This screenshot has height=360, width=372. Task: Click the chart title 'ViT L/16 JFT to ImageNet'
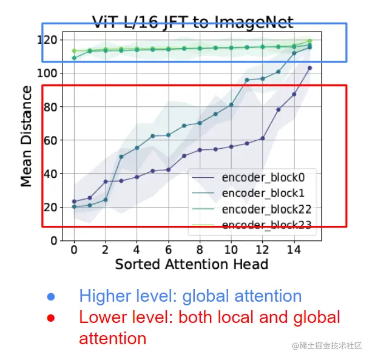click(192, 23)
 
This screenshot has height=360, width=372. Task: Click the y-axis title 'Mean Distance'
click(27, 136)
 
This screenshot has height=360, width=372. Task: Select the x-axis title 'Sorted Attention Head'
click(191, 264)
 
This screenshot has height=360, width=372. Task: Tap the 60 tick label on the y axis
click(51, 140)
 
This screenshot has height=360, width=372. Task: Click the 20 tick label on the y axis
click(51, 207)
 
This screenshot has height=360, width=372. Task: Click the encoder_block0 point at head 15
click(309, 68)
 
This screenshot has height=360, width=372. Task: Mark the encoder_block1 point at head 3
click(121, 157)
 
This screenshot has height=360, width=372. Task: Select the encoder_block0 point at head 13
click(279, 110)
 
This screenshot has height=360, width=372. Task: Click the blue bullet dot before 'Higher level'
click(52, 297)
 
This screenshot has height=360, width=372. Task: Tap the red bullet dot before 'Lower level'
click(52, 318)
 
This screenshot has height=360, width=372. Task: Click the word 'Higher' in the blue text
click(105, 296)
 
